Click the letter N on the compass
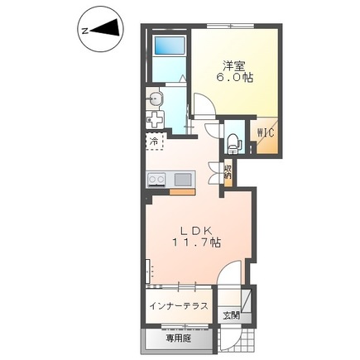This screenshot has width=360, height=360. [86, 31]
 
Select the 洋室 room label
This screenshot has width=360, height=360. [234, 65]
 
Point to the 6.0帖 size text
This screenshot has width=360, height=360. [234, 78]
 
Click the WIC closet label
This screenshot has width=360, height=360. [266, 133]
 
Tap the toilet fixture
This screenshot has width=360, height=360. [233, 144]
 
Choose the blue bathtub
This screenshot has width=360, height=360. [169, 46]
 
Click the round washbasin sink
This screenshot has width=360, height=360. [156, 98]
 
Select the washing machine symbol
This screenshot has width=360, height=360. [155, 120]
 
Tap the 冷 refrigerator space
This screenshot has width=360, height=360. [154, 142]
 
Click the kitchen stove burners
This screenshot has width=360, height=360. [156, 180]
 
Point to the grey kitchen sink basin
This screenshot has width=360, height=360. [183, 180]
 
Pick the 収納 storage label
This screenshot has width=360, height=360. [228, 172]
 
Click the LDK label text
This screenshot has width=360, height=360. [196, 230]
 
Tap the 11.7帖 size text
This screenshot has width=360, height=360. [196, 242]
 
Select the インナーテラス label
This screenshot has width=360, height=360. [179, 306]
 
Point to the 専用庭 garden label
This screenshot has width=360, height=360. [179, 338]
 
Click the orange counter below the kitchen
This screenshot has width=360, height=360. [182, 192]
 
